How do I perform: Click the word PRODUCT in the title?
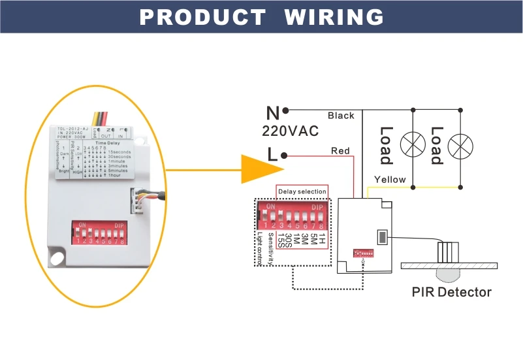[x=202, y=17]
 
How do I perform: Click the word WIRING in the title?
[x=334, y=17]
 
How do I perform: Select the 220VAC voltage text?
[x=290, y=131]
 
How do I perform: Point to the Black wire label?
[x=341, y=116]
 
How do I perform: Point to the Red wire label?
[x=340, y=151]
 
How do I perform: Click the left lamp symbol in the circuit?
[x=412, y=144]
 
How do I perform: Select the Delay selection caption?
[x=302, y=191]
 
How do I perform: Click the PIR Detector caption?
[x=451, y=292]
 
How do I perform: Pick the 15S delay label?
[x=281, y=238]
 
